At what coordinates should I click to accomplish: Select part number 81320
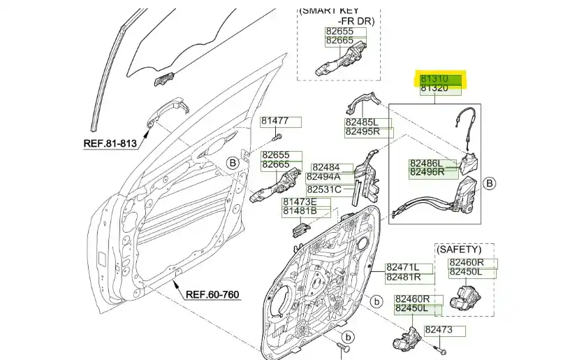point(434,89)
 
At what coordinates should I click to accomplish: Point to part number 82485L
point(363,122)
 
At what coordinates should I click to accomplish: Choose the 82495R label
point(363,131)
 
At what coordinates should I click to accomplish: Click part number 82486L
point(426,164)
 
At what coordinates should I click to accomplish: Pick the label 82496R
point(426,172)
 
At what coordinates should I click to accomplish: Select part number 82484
point(326,168)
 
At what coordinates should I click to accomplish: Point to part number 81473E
point(299,202)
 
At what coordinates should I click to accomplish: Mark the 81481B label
point(299,211)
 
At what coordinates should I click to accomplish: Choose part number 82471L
point(403,268)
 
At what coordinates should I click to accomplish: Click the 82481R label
point(403,277)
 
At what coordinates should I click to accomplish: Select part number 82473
point(439,329)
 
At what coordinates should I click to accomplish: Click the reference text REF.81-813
point(110,143)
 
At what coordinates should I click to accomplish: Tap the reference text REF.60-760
point(212,294)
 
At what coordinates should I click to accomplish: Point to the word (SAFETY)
point(459,250)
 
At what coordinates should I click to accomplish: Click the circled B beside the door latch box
point(490,183)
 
